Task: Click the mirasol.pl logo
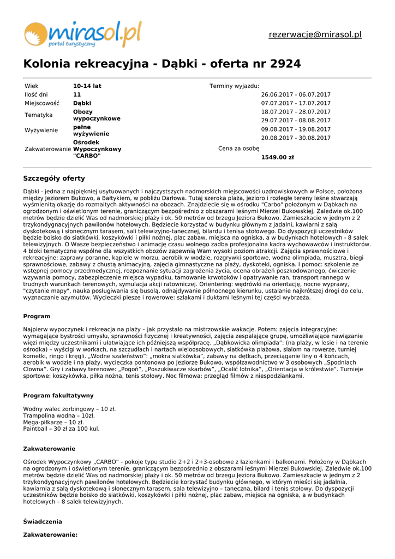pyautogui.click(x=82, y=33)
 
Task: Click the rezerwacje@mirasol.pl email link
pyautogui.click(x=315, y=35)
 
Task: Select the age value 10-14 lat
pyautogui.click(x=87, y=86)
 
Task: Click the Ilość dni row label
pyautogui.click(x=36, y=94)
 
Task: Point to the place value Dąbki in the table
pyautogui.click(x=82, y=103)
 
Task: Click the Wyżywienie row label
pyautogui.click(x=41, y=130)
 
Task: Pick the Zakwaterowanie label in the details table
pyautogui.click(x=48, y=149)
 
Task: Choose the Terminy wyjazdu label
pyautogui.click(x=234, y=86)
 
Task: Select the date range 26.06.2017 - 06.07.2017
pyautogui.click(x=296, y=94)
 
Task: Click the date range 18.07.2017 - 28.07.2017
pyautogui.click(x=296, y=112)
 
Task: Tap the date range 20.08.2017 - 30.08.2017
pyautogui.click(x=296, y=138)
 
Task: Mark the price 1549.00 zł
pyautogui.click(x=277, y=158)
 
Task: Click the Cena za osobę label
pyautogui.click(x=238, y=148)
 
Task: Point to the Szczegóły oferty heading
pyautogui.click(x=54, y=179)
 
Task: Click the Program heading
pyautogui.click(x=37, y=317)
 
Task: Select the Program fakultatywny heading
pyautogui.click(x=58, y=396)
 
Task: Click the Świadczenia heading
pyautogui.click(x=43, y=522)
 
